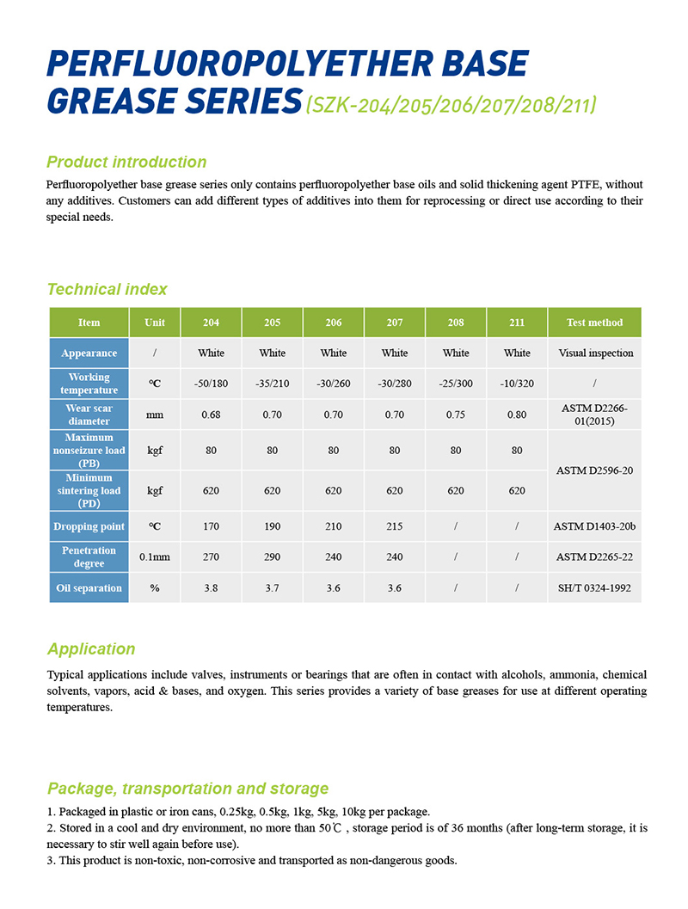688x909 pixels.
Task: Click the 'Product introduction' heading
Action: pos(126,162)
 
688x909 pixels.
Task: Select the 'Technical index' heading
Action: pos(107,289)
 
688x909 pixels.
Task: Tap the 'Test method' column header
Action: pos(594,322)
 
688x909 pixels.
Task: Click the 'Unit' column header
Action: pos(155,322)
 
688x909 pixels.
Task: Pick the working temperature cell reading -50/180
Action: pos(211,384)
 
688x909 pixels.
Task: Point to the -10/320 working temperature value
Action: pos(517,384)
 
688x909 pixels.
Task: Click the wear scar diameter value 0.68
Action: pos(211,415)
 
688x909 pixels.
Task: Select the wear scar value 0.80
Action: pos(517,415)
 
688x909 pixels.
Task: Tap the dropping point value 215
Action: pos(395,526)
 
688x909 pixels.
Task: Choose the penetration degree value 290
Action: pos(272,556)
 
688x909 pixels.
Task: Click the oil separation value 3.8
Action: pos(211,587)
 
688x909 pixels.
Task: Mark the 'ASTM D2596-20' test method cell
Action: pos(594,470)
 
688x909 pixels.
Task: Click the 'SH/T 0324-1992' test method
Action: pos(594,587)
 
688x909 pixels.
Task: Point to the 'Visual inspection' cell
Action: pos(594,353)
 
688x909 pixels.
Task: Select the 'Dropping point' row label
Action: pos(89,526)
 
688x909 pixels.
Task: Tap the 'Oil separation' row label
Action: pos(89,587)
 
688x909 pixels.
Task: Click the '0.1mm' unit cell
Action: pos(155,556)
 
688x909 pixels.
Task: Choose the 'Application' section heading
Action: pos(91,648)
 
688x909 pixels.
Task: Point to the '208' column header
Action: pos(456,322)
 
